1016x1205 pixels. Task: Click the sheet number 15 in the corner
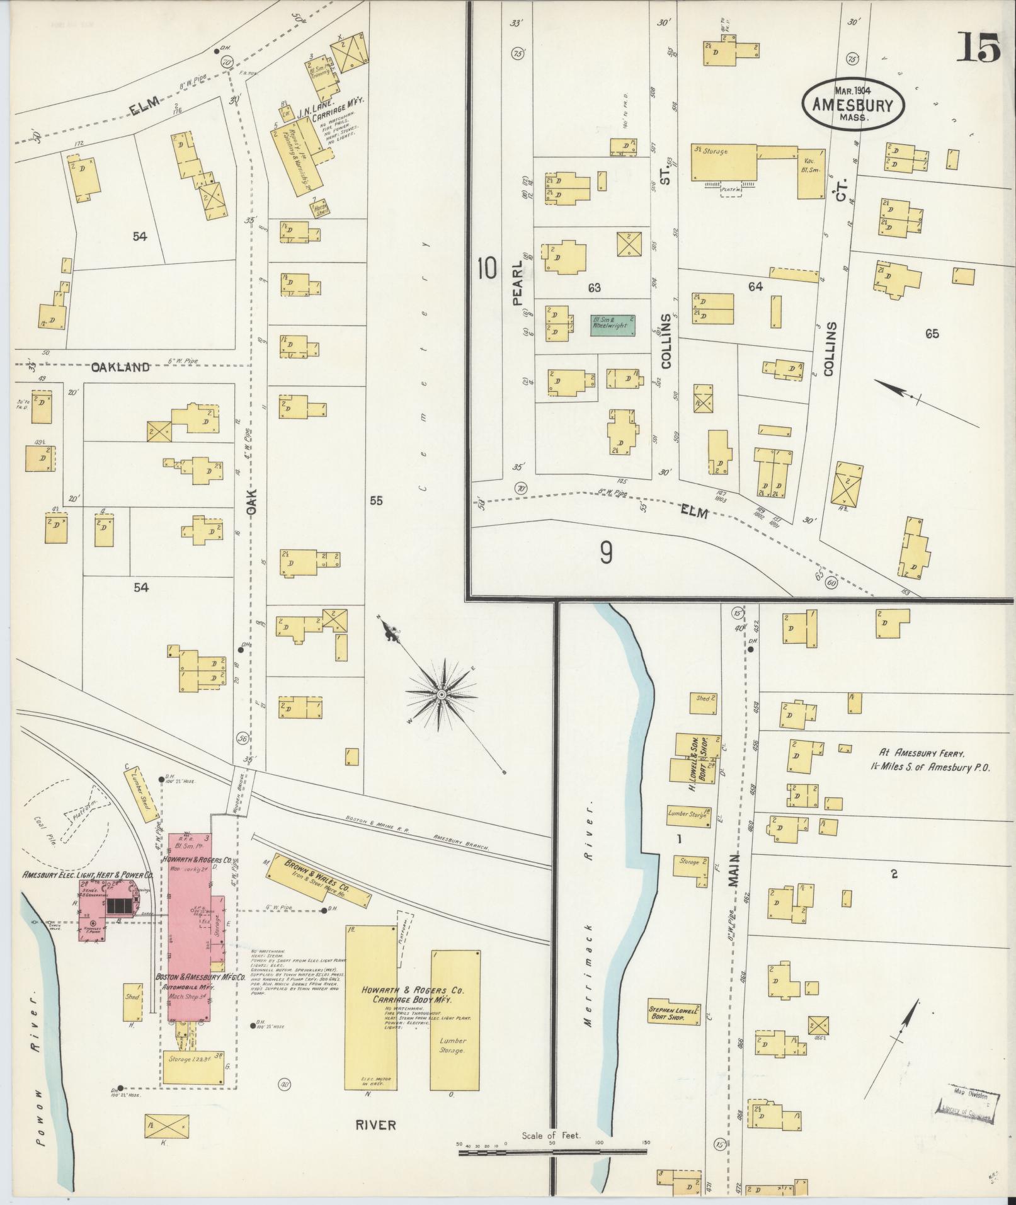(978, 48)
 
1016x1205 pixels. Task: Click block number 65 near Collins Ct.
(932, 334)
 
